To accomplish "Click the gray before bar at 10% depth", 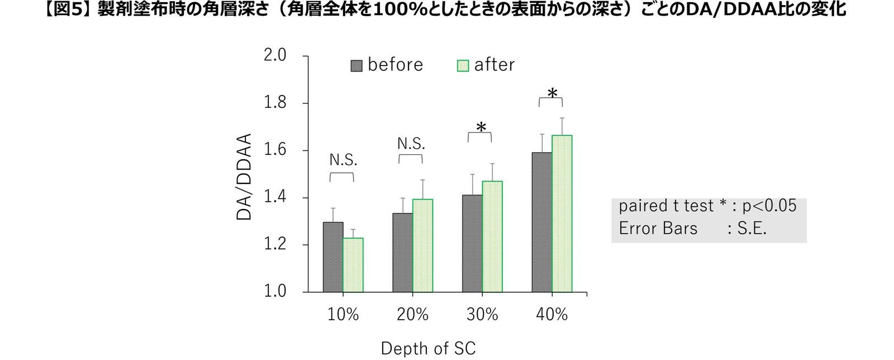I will tap(333, 257).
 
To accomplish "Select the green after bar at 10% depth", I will tap(353, 265).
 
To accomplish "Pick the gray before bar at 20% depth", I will tap(403, 253).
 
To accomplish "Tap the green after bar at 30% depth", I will tap(492, 236).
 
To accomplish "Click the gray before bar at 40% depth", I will tap(542, 222).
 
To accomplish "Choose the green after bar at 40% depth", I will tap(562, 214).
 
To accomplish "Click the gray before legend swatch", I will tap(356, 65).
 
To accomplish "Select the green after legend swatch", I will tap(463, 65).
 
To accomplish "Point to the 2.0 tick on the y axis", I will tap(274, 55).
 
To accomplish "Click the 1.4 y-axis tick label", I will tap(274, 197).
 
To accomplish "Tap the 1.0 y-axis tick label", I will tap(274, 291).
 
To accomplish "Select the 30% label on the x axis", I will tap(482, 315).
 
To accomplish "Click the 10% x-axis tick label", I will tap(343, 315).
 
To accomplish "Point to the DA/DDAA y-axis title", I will tap(244, 177).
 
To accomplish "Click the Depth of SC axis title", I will tap(428, 349).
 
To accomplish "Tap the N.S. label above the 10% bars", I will tap(343, 160).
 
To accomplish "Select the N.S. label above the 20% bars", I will tap(411, 144).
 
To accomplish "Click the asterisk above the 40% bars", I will tap(552, 94).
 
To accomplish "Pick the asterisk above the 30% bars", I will tap(481, 127).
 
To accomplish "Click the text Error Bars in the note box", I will tap(658, 229).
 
